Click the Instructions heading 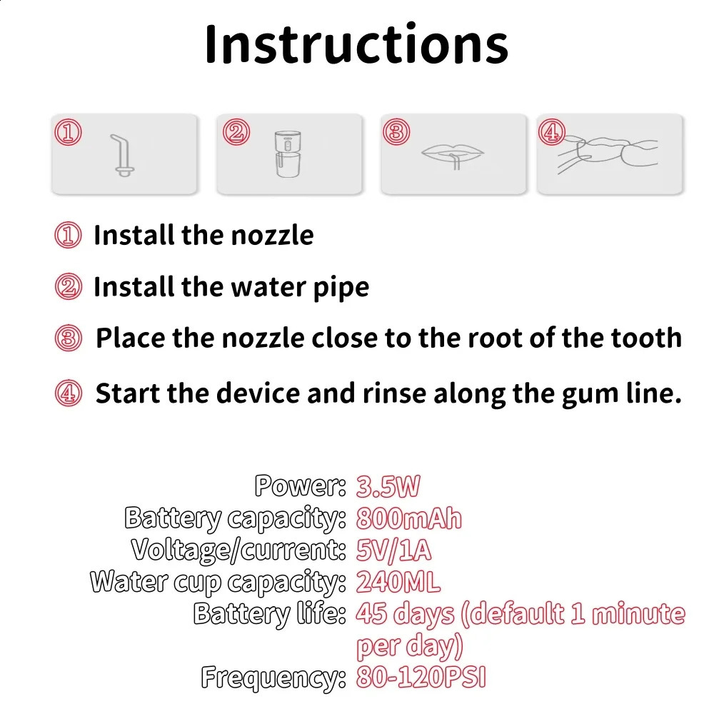(x=356, y=44)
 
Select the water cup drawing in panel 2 (x=288, y=154)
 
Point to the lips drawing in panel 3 (x=453, y=156)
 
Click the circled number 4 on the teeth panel (x=551, y=132)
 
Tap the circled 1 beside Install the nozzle (x=69, y=235)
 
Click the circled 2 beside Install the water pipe (x=69, y=287)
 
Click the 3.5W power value (x=388, y=486)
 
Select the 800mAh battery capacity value (x=409, y=518)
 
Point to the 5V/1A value (x=394, y=550)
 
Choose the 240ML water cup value (x=398, y=582)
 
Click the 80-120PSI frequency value (x=421, y=678)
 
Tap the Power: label (x=301, y=486)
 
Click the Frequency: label (x=273, y=678)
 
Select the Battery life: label (x=270, y=614)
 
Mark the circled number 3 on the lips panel (x=396, y=132)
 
